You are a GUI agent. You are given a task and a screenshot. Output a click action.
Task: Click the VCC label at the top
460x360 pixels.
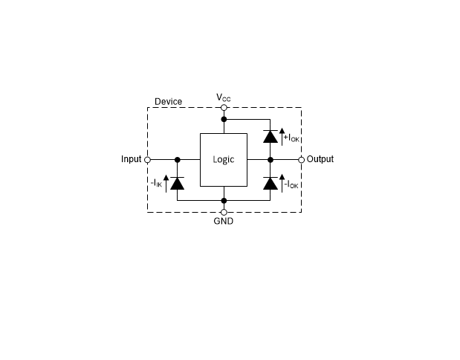[223, 97]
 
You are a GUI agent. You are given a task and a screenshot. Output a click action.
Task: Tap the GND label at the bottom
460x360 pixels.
[224, 221]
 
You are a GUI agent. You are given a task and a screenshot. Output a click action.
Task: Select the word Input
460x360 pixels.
[131, 159]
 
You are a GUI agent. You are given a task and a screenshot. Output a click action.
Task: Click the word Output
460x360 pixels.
[320, 159]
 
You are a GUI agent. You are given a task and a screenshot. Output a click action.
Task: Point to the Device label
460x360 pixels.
[169, 102]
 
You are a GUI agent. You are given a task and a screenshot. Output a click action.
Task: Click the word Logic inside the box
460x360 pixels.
[224, 159]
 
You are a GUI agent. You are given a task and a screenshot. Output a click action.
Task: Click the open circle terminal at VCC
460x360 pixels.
[224, 108]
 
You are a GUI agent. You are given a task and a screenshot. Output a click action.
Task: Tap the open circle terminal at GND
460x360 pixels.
[224, 212]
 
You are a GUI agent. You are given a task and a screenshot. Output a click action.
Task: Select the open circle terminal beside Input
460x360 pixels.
[148, 160]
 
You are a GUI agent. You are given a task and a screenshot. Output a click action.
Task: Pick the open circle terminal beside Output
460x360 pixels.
[301, 160]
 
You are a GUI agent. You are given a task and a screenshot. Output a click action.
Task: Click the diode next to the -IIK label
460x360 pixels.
[177, 183]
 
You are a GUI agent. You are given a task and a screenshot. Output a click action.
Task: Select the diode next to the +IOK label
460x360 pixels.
[271, 137]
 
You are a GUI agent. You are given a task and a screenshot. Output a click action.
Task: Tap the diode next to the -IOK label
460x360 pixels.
[271, 183]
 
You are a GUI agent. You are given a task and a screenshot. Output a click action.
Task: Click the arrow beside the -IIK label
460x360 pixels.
[166, 184]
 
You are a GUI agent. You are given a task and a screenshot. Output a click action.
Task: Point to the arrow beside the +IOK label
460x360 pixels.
[282, 137]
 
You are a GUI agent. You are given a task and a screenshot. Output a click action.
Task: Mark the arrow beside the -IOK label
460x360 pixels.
[282, 183]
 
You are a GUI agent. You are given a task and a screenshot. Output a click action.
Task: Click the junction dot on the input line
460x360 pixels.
[177, 160]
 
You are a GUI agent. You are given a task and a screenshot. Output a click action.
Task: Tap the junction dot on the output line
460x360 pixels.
[271, 160]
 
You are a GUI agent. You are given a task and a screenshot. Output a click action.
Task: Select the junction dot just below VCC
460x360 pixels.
[224, 119]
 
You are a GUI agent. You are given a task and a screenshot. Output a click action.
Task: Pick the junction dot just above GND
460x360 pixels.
[224, 201]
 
